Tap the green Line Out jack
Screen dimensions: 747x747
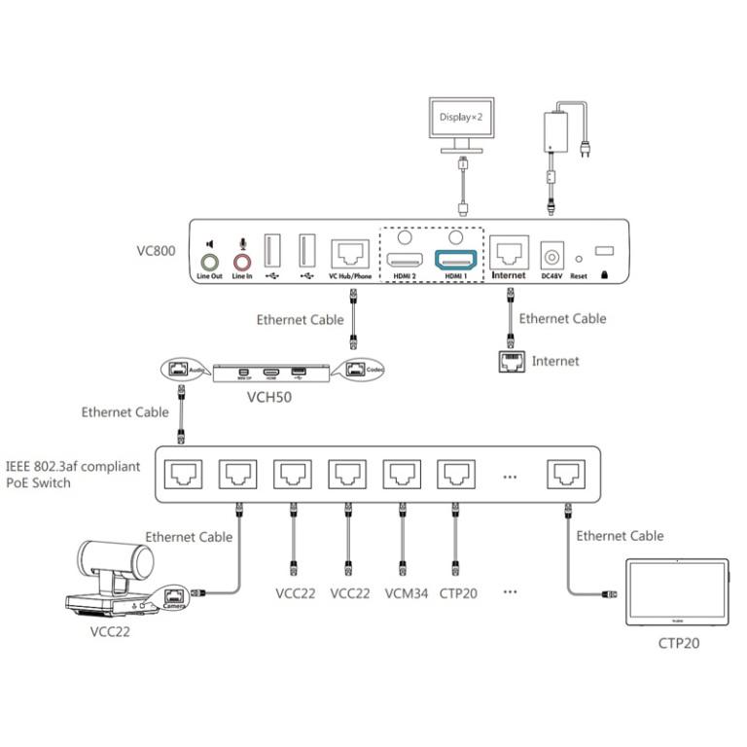(209, 261)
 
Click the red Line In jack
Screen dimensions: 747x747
(242, 261)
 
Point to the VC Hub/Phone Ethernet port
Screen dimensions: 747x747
(350, 253)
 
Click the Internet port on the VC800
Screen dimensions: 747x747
(509, 253)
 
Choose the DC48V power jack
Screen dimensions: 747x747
(551, 256)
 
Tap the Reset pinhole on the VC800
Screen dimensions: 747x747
(578, 259)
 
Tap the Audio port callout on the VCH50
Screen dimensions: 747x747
(185, 370)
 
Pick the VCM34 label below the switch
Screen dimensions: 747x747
(402, 592)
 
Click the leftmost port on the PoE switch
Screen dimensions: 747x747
(183, 474)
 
